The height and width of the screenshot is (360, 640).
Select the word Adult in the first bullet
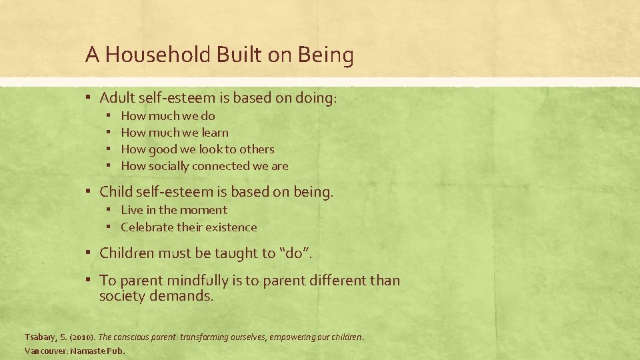point(117,98)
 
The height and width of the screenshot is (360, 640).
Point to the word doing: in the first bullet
point(315,98)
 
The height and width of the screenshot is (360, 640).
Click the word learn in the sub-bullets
point(214,133)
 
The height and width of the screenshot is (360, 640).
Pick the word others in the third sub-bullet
point(257,149)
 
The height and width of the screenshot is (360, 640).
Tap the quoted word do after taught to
point(294,253)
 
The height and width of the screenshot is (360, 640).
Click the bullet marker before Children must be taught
point(89,253)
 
